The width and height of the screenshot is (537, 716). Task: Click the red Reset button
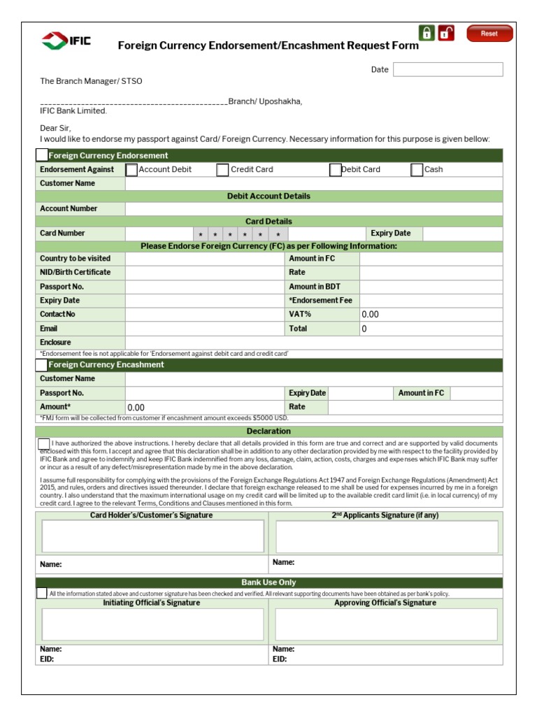coord(489,34)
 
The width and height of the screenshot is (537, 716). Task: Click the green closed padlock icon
coord(426,33)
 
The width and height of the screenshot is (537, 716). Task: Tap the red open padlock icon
coord(446,33)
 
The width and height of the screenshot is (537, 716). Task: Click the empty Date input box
coord(447,69)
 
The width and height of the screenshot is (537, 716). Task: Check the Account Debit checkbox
coord(131,169)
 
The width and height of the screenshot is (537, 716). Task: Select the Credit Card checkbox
coord(222,169)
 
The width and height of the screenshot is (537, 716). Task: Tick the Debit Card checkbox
coord(335,169)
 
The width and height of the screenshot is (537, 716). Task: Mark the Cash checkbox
coord(417,169)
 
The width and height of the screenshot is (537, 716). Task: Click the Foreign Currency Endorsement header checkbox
coord(42,155)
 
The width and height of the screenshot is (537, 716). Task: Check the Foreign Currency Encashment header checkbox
coord(41,365)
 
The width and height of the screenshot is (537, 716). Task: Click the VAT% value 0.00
coord(370,315)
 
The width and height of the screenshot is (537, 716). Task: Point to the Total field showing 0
coord(364,329)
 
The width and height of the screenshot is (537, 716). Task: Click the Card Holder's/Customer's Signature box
coord(152,536)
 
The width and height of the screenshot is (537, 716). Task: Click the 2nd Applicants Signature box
coord(386,536)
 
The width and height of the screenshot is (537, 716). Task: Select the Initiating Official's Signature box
coord(152,624)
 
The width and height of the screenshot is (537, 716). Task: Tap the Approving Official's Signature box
coord(386,624)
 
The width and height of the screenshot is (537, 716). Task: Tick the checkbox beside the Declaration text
coord(43,443)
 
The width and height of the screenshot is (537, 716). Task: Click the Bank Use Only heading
coord(268,582)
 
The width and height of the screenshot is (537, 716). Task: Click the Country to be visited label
coord(75,259)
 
